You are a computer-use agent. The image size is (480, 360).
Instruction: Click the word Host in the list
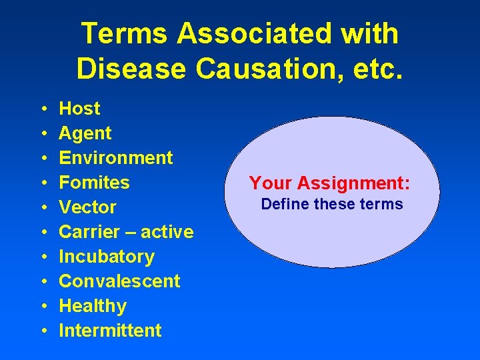point(79,109)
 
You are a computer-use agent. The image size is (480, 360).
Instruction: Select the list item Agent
point(85,133)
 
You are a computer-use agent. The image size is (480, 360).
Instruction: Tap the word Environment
point(116,158)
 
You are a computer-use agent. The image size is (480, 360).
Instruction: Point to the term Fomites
point(94,183)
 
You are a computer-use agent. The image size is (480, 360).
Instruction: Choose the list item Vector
point(87,207)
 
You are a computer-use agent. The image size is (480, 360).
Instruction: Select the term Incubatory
point(107,257)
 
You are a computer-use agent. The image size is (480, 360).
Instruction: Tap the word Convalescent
point(119,281)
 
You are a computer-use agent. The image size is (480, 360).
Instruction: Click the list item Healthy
point(93,306)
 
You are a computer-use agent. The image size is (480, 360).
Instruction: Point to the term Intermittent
point(110,331)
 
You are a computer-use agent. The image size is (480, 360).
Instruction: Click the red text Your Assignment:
point(329,183)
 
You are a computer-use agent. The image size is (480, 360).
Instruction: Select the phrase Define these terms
point(332,204)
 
